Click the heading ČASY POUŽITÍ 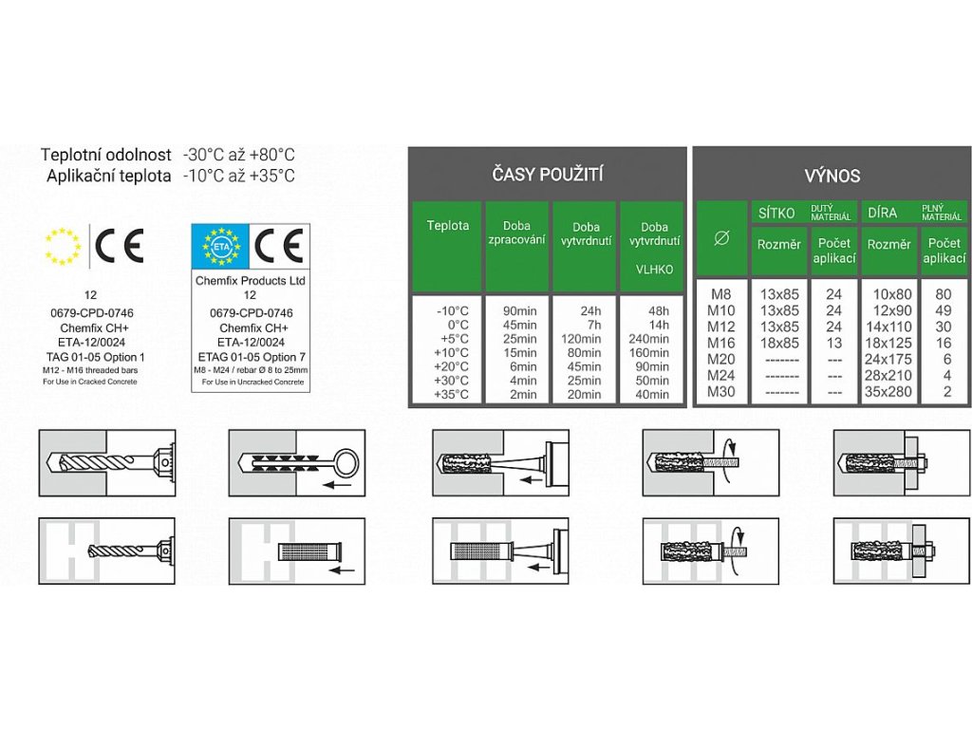[x=548, y=174]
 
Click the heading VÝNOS [x=832, y=176]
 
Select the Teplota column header [x=447, y=226]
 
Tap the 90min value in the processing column [x=516, y=309]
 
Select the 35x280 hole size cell [x=889, y=391]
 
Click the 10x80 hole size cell [x=889, y=294]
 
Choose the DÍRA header [x=883, y=213]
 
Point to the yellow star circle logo [x=64, y=246]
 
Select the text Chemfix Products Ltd [x=251, y=281]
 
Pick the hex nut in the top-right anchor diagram [x=922, y=460]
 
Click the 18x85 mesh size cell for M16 [x=779, y=343]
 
